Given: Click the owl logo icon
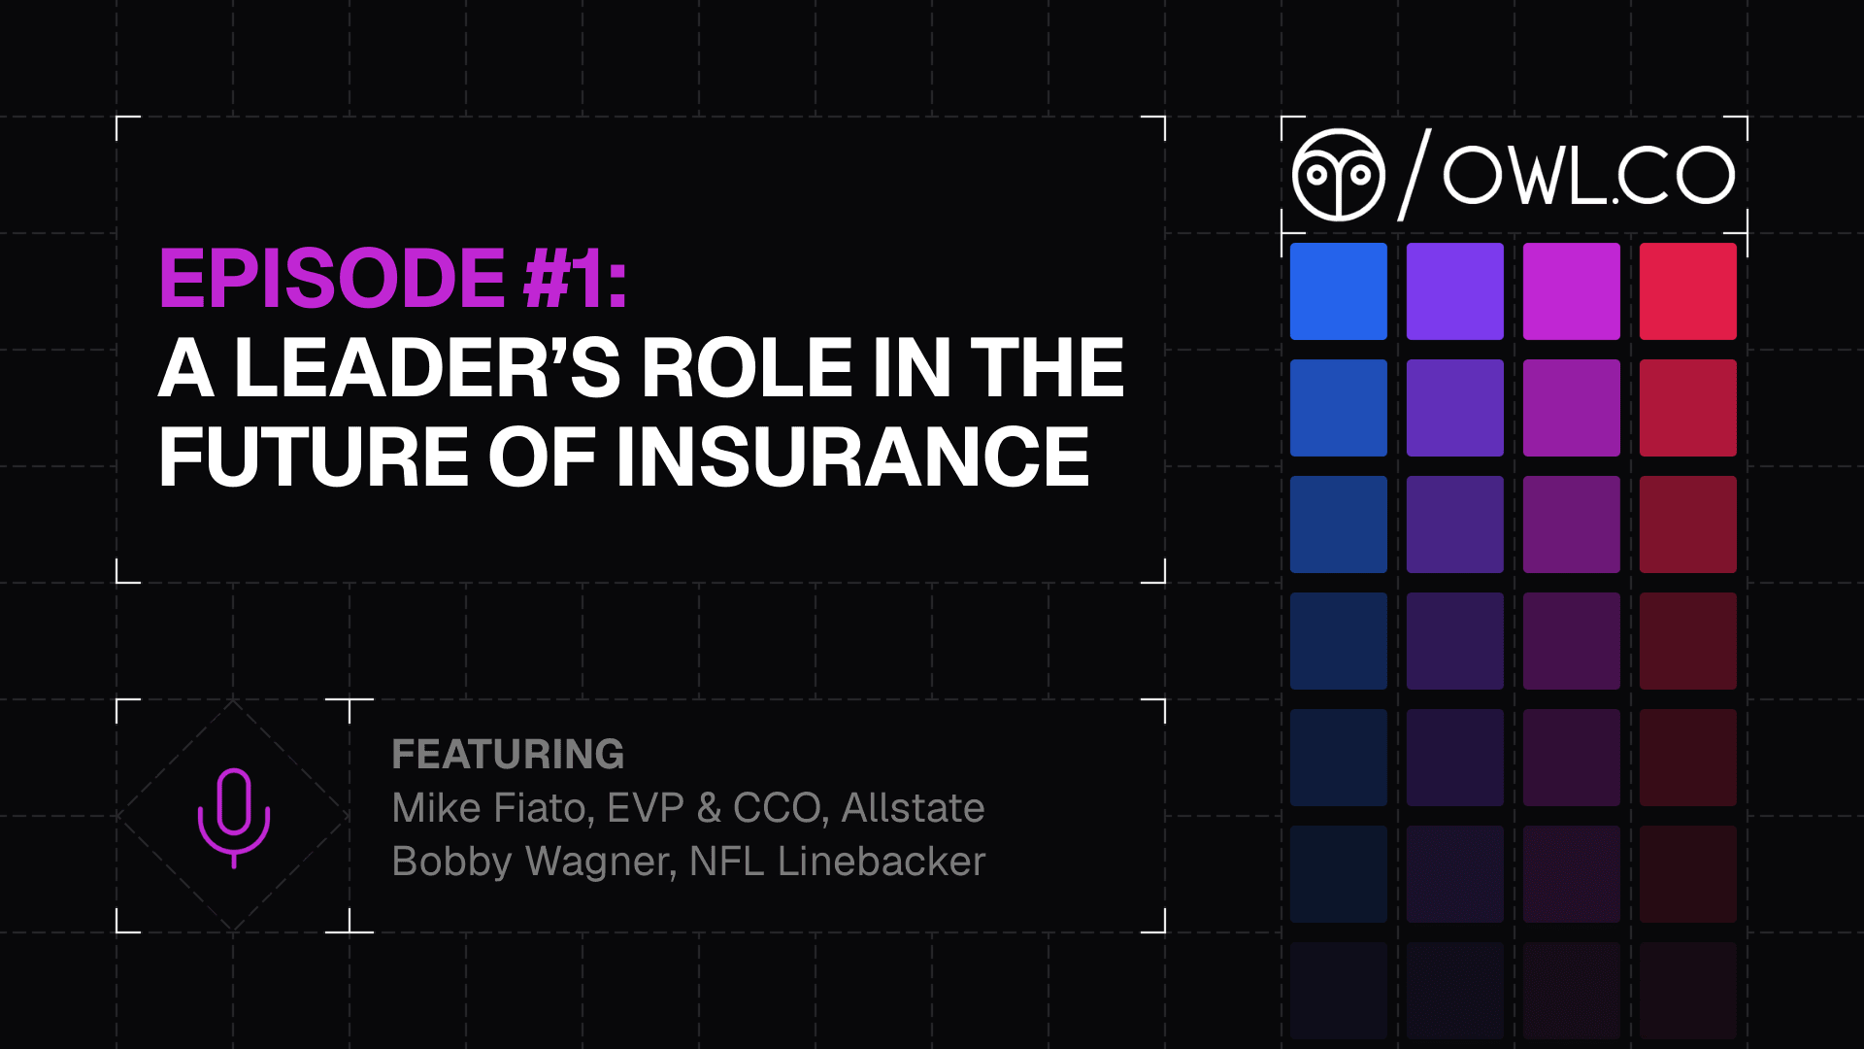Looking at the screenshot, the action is pos(1338,175).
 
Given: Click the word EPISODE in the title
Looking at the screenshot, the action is pos(332,279).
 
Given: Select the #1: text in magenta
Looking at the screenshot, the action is pos(576,279).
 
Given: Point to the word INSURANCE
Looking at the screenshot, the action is pos(852,457).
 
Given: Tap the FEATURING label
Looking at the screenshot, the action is pos(508,755).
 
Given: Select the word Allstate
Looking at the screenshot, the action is pos(913,808).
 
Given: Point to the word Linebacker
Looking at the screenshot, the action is pos(882,862).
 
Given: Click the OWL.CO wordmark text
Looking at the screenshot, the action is pos(1588,176).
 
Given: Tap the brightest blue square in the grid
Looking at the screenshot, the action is pos(1339,291).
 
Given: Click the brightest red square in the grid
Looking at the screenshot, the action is pos(1688,291).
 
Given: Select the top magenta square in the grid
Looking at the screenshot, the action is pos(1572,291).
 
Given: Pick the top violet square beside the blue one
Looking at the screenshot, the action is pos(1455,291).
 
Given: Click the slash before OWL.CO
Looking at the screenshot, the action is pos(1414,175).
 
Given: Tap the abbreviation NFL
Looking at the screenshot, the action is pos(725,862).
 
